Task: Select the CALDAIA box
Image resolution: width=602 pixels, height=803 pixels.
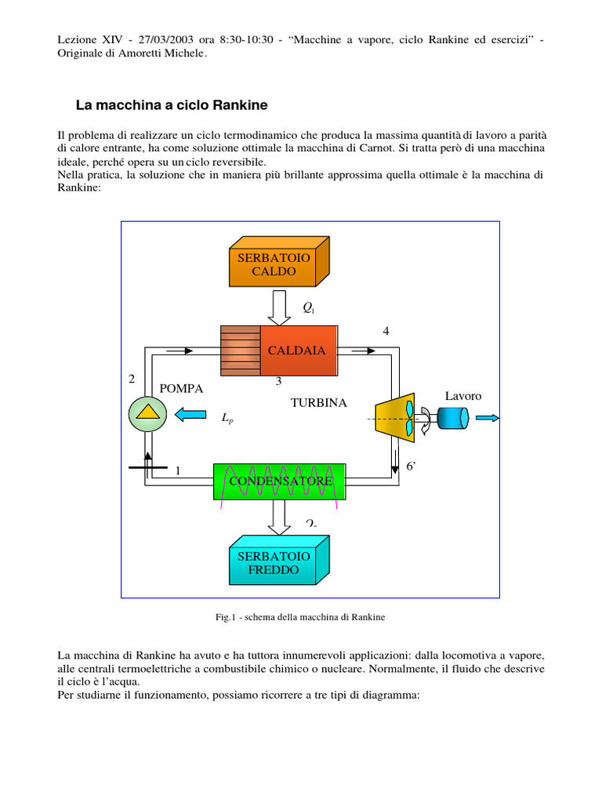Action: click(x=296, y=351)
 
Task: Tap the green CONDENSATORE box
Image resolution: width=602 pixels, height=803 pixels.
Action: click(x=280, y=480)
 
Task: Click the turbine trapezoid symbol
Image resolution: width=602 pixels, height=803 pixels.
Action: click(x=395, y=418)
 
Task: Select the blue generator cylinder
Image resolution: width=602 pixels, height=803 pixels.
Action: click(x=452, y=418)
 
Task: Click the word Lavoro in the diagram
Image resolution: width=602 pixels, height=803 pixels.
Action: click(x=463, y=396)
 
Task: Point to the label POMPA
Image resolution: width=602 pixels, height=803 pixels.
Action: click(x=181, y=388)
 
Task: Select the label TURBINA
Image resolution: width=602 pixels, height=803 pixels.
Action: click(x=318, y=403)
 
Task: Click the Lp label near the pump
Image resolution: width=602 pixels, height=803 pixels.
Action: click(x=227, y=420)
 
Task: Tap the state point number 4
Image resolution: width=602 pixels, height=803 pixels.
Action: click(x=386, y=331)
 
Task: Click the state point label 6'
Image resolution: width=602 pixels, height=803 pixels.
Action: click(x=411, y=466)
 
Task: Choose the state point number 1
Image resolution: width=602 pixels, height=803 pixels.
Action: click(x=178, y=471)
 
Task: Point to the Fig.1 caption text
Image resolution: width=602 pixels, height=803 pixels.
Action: click(x=300, y=618)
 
